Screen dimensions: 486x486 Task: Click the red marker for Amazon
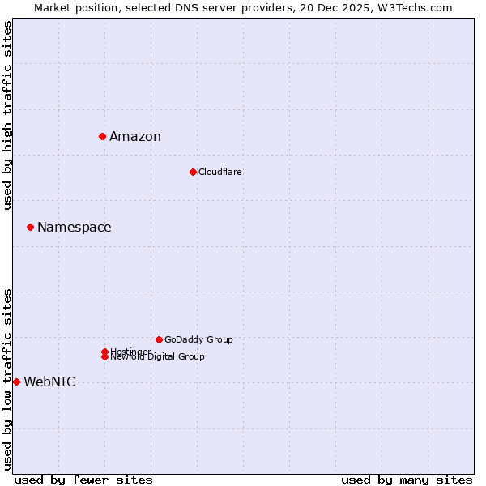(103, 136)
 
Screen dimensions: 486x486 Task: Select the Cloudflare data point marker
(193, 172)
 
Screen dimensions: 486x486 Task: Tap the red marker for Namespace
(30, 227)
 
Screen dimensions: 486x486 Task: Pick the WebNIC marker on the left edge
(16, 382)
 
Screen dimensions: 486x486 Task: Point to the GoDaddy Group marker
(159, 339)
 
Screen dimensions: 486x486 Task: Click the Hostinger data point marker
(104, 352)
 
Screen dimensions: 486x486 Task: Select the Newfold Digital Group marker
(104, 357)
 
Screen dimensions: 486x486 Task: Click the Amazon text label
(135, 136)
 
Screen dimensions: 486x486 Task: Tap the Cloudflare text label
(220, 172)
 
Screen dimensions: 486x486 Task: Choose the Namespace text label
(75, 227)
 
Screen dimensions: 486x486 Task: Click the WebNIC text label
(49, 382)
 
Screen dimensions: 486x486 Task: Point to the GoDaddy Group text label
(198, 339)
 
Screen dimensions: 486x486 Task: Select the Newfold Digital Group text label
(158, 357)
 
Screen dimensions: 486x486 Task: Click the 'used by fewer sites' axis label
(83, 480)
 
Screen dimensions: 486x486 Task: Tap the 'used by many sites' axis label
(407, 480)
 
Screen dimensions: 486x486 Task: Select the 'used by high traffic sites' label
(7, 115)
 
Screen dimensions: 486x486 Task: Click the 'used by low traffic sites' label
(7, 379)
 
